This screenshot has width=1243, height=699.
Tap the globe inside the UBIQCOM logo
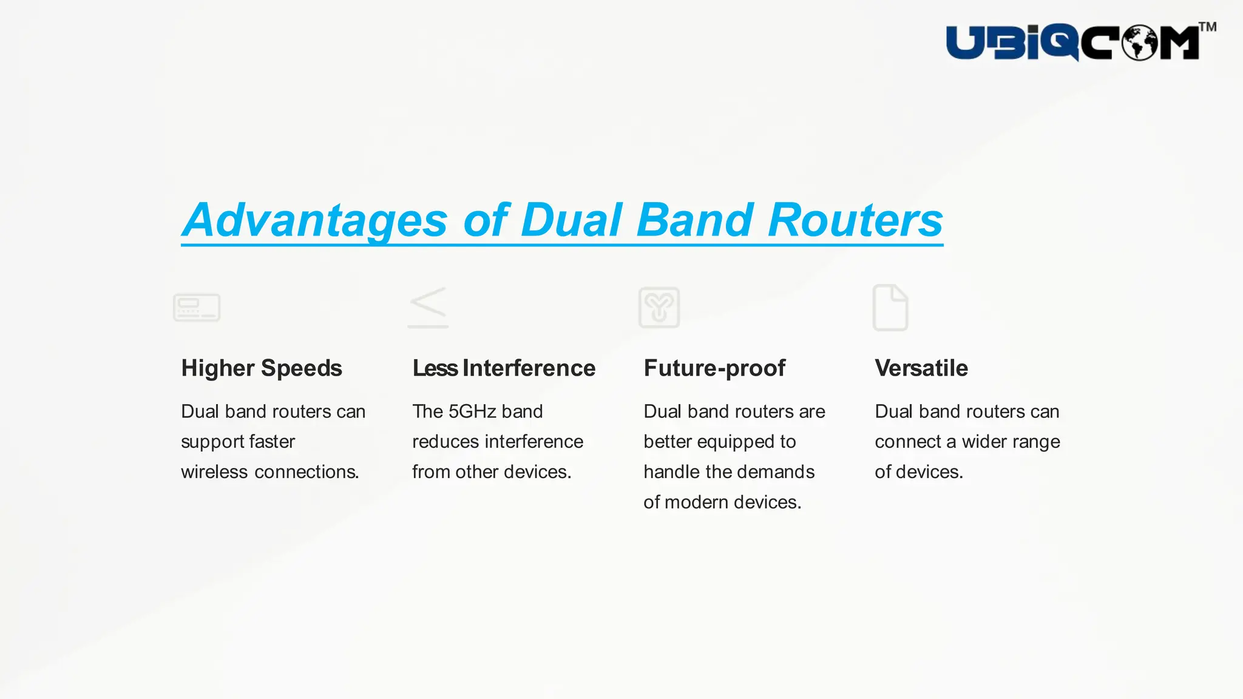pos(1139,43)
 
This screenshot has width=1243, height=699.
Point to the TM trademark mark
pos(1207,27)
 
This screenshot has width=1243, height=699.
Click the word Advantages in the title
pos(316,220)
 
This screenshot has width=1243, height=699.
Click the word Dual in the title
pos(572,220)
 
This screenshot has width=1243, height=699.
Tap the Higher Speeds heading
pos(262,368)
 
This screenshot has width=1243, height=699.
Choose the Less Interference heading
pos(504,368)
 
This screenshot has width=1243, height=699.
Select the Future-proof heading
pos(714,368)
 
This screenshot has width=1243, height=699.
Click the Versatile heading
pos(921,368)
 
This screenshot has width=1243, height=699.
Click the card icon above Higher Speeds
pos(197,308)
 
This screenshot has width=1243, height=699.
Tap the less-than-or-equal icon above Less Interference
pos(428,308)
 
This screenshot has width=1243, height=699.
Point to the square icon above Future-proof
pos(659,308)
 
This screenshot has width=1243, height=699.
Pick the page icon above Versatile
pos(890,308)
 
